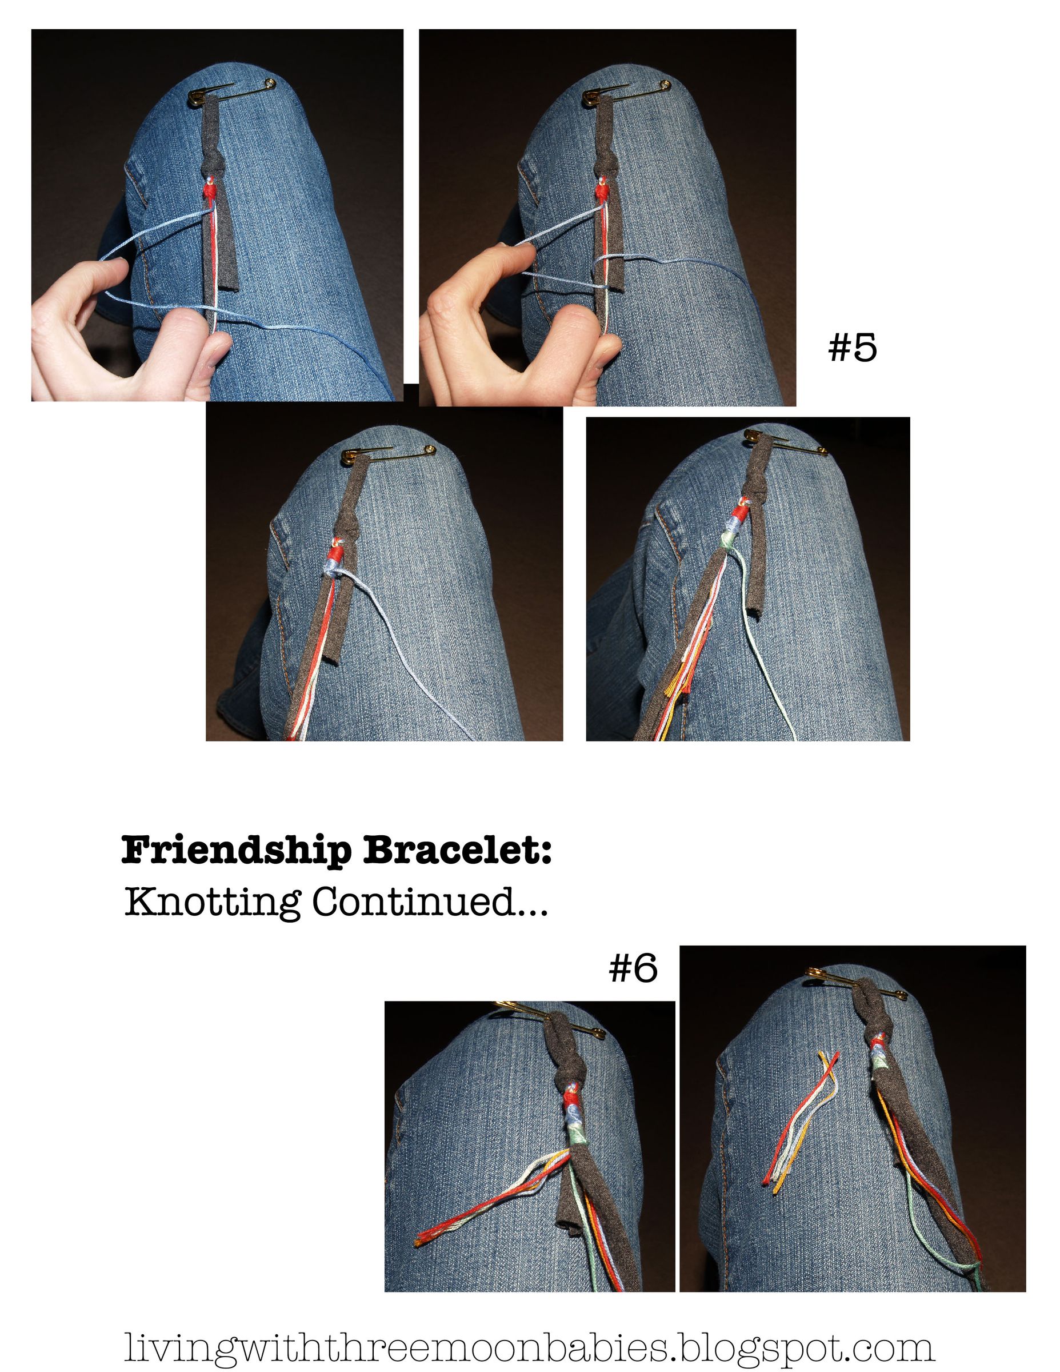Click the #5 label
pos(851,348)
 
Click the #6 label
pos(633,968)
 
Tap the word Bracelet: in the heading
pos(457,851)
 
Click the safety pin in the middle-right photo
pos(785,442)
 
